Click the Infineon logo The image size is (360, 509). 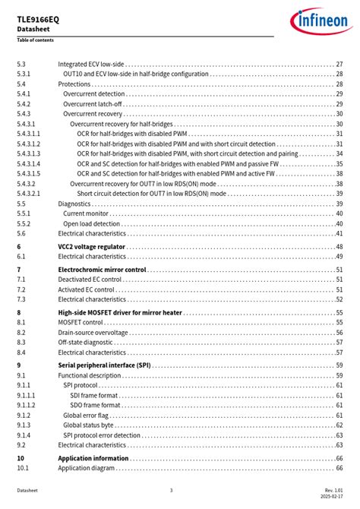tap(318, 21)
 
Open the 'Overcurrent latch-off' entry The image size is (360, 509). tap(93, 104)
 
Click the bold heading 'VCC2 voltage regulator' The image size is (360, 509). tap(92, 247)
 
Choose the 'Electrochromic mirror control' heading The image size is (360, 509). tap(102, 270)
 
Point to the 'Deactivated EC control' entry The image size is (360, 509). tap(90, 280)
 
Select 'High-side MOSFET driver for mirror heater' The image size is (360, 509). tap(119, 312)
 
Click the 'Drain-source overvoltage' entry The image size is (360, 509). tap(93, 333)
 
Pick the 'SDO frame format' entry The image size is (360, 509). tap(96, 405)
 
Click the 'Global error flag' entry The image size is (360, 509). tap(86, 416)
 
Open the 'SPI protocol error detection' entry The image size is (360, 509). tap(102, 435)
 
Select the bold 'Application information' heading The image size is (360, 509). tap(93, 458)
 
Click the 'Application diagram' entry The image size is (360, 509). tap(87, 468)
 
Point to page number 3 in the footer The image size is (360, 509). tap(171, 490)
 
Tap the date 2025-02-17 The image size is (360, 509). tap(332, 497)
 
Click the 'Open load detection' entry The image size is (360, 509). tap(91, 224)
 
